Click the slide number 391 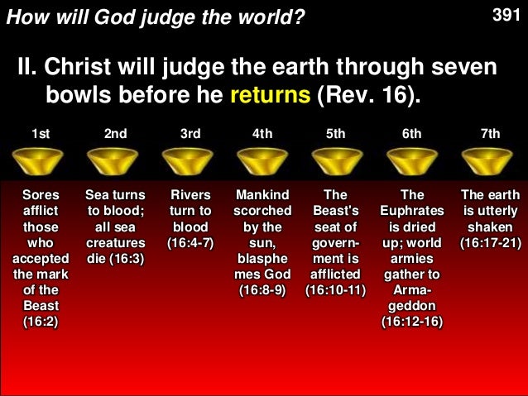click(506, 14)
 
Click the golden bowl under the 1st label click(41, 160)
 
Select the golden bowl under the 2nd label click(115, 160)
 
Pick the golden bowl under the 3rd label click(190, 160)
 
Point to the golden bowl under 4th click(263, 160)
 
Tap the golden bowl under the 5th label click(338, 160)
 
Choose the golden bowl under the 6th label click(412, 160)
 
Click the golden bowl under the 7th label click(489, 160)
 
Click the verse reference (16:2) click(41, 321)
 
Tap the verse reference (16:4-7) click(190, 242)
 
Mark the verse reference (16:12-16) click(412, 321)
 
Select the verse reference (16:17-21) click(491, 242)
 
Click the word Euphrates click(412, 211)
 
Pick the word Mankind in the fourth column click(263, 195)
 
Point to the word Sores click(41, 195)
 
